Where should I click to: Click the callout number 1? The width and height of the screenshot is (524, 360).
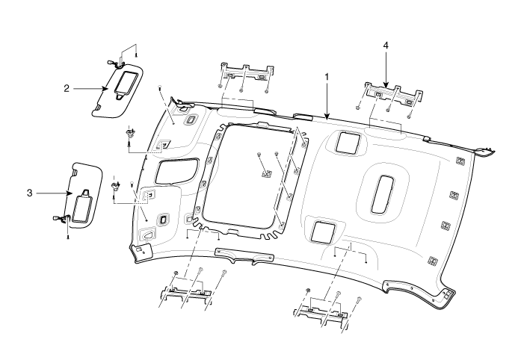click(327, 77)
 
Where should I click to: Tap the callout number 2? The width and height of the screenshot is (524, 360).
click(67, 88)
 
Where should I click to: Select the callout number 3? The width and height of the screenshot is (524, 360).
click(29, 193)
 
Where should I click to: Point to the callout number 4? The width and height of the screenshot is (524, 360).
click(386, 46)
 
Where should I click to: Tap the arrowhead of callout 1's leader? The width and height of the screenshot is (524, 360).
click(327, 119)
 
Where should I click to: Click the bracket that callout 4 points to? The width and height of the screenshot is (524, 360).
click(392, 93)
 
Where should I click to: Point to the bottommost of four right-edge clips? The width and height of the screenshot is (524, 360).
click(434, 261)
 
